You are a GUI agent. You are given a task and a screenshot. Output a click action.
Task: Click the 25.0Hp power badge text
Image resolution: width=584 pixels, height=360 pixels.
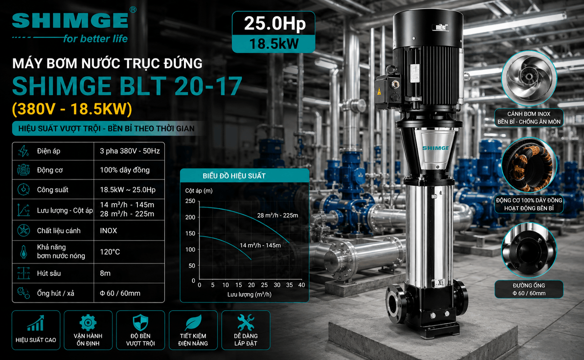click(275, 23)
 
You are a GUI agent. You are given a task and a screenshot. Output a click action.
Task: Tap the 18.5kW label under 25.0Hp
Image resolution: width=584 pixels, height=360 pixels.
click(274, 44)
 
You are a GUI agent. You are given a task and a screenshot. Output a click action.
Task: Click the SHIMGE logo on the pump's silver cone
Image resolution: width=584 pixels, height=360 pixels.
click(436, 148)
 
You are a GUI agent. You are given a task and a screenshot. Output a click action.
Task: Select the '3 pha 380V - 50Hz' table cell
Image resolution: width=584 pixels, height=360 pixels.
click(130, 151)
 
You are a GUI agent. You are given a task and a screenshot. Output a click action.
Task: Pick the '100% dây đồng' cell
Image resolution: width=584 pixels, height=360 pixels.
click(125, 170)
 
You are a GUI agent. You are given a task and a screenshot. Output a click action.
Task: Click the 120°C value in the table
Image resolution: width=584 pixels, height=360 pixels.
click(110, 252)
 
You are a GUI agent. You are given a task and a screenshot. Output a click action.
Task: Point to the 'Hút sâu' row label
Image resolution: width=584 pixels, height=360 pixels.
click(49, 273)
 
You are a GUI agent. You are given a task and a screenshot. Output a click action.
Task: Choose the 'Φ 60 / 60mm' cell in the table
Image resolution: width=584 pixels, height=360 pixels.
click(120, 293)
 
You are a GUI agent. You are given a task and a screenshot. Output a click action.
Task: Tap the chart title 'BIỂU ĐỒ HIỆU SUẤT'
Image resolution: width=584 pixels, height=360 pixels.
click(234, 176)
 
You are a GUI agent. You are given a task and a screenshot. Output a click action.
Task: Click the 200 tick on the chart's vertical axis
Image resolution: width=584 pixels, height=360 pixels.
click(190, 217)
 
